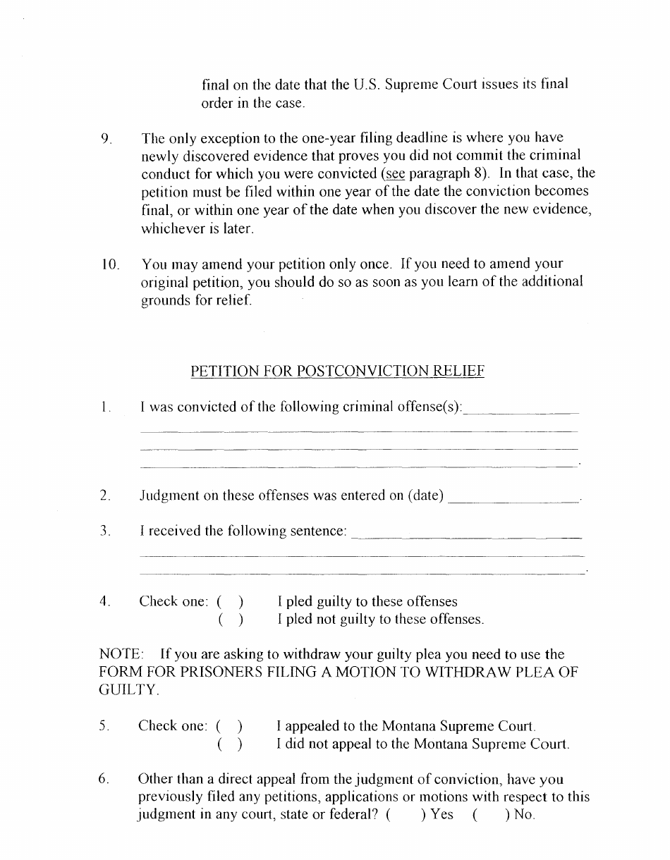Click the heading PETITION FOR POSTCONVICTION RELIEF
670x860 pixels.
click(x=337, y=371)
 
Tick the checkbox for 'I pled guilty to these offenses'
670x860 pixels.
click(x=231, y=602)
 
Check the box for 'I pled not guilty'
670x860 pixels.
click(x=231, y=620)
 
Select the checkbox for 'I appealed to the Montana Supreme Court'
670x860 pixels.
click(x=230, y=726)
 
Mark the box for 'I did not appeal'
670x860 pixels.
click(x=230, y=744)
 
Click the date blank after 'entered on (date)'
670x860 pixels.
click(x=513, y=497)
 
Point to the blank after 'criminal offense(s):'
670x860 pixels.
click(x=522, y=408)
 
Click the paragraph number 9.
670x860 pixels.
click(x=106, y=139)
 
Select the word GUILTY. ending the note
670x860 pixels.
click(x=129, y=691)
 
